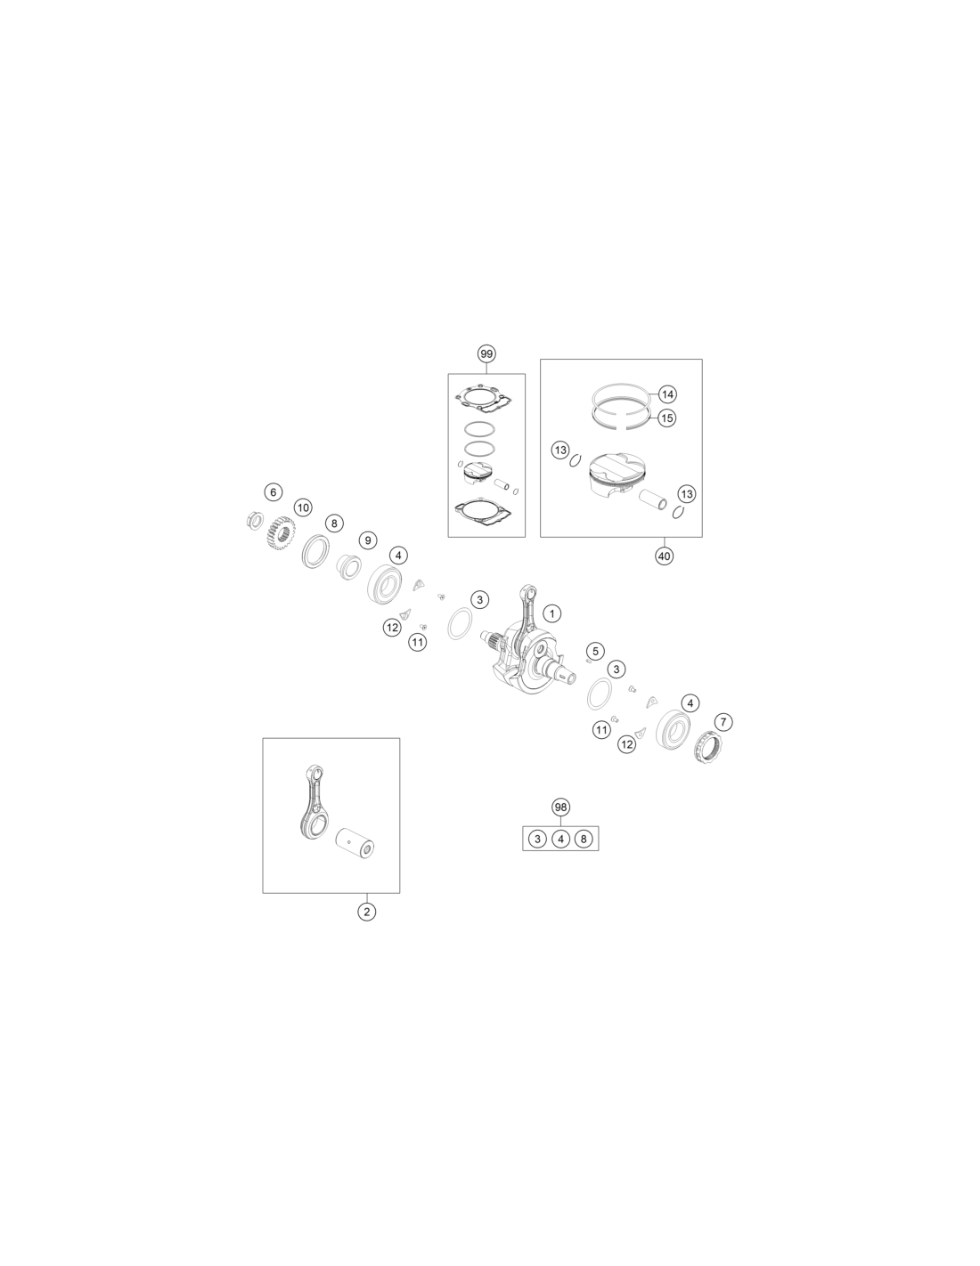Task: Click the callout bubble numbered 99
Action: click(486, 353)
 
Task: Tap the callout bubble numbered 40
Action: click(664, 556)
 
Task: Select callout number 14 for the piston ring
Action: click(667, 394)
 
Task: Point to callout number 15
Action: click(667, 418)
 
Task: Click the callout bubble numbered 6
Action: click(273, 492)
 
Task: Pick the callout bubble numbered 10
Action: click(303, 507)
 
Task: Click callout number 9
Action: click(367, 540)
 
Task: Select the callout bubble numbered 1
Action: click(551, 613)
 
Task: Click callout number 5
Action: click(594, 651)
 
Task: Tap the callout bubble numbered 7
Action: click(723, 722)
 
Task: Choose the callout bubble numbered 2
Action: click(366, 912)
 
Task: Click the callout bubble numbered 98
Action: click(560, 807)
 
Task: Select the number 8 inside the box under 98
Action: click(583, 839)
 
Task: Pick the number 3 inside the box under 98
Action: click(537, 839)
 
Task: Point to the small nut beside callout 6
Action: click(254, 519)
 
